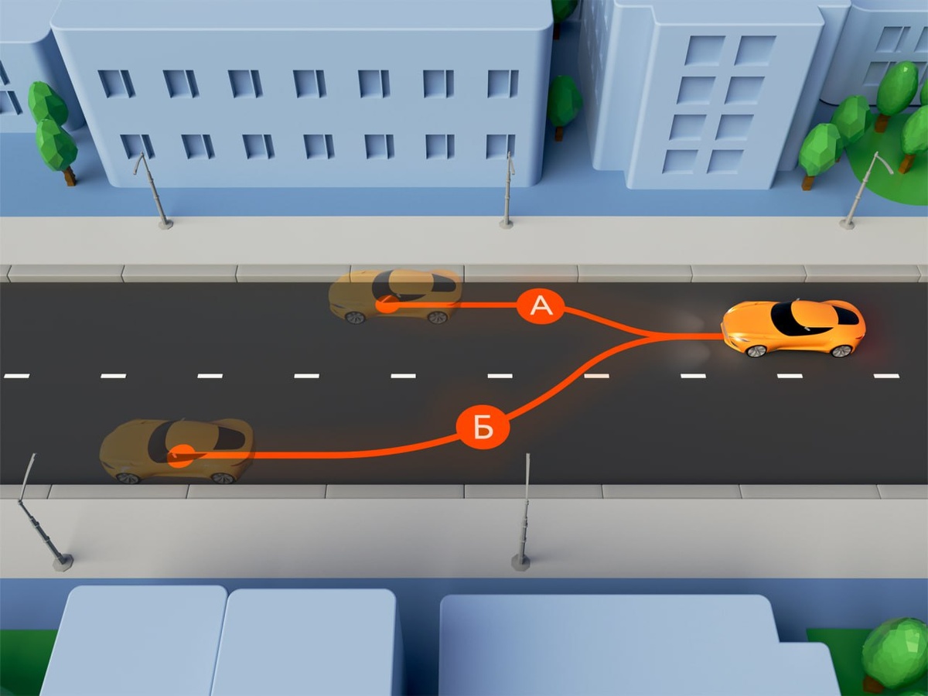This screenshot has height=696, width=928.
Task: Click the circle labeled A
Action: point(541,306)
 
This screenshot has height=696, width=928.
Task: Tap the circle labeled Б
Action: point(483,426)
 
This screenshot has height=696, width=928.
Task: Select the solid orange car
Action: point(793,328)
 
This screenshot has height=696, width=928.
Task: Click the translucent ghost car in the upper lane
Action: point(395,295)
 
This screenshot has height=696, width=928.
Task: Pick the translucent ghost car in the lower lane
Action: point(177,451)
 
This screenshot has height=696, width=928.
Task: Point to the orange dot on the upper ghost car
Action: point(387,305)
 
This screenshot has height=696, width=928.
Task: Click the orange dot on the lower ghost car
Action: point(181,456)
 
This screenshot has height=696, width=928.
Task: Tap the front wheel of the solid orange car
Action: point(756,351)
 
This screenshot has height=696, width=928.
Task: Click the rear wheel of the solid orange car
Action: point(841,350)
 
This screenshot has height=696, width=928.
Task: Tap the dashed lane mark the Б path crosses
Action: point(596,376)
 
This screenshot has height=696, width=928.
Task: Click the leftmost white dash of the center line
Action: point(16,376)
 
